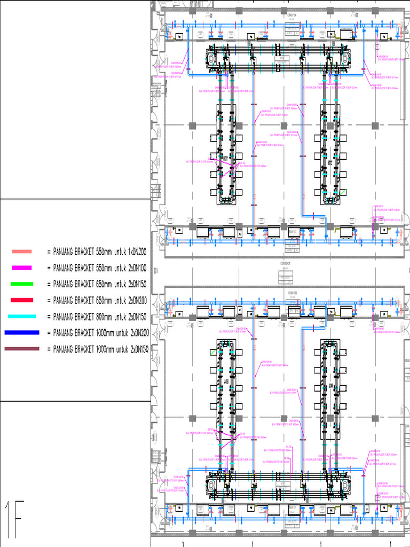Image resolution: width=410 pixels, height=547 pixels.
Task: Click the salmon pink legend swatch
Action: (x=22, y=251)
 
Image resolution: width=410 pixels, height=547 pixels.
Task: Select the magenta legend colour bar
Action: (x=22, y=268)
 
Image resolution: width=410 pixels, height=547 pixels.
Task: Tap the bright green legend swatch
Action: (x=22, y=284)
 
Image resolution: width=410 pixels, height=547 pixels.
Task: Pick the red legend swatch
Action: (x=22, y=300)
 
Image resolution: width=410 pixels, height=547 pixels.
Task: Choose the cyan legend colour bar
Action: (x=22, y=316)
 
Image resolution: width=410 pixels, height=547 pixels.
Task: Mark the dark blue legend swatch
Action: (x=22, y=332)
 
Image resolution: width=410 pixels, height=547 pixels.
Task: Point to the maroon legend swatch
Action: (x=22, y=349)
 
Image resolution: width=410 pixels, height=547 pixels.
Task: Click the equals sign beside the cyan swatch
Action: (x=49, y=316)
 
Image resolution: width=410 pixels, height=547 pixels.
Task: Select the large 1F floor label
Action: (x=14, y=520)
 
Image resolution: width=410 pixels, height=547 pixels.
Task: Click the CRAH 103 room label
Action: (x=292, y=232)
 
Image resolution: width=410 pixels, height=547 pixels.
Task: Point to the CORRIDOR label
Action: (x=286, y=263)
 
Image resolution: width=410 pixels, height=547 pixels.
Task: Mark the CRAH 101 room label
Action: (x=292, y=506)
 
